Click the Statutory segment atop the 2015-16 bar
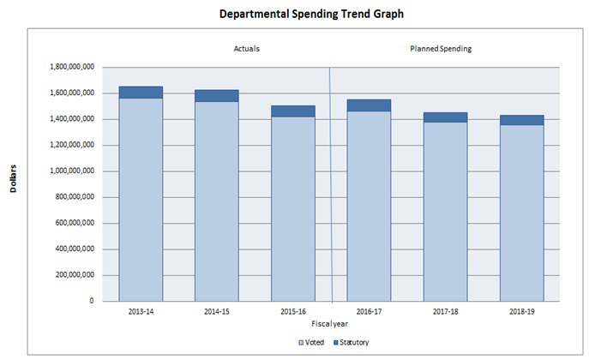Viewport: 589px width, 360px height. point(292,111)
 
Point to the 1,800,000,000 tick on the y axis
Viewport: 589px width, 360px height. point(71,67)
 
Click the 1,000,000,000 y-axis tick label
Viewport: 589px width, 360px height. point(71,171)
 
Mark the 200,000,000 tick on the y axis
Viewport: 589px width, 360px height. point(75,275)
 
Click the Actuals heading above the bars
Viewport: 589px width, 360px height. point(247,49)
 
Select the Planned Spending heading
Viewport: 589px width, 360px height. point(441,49)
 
